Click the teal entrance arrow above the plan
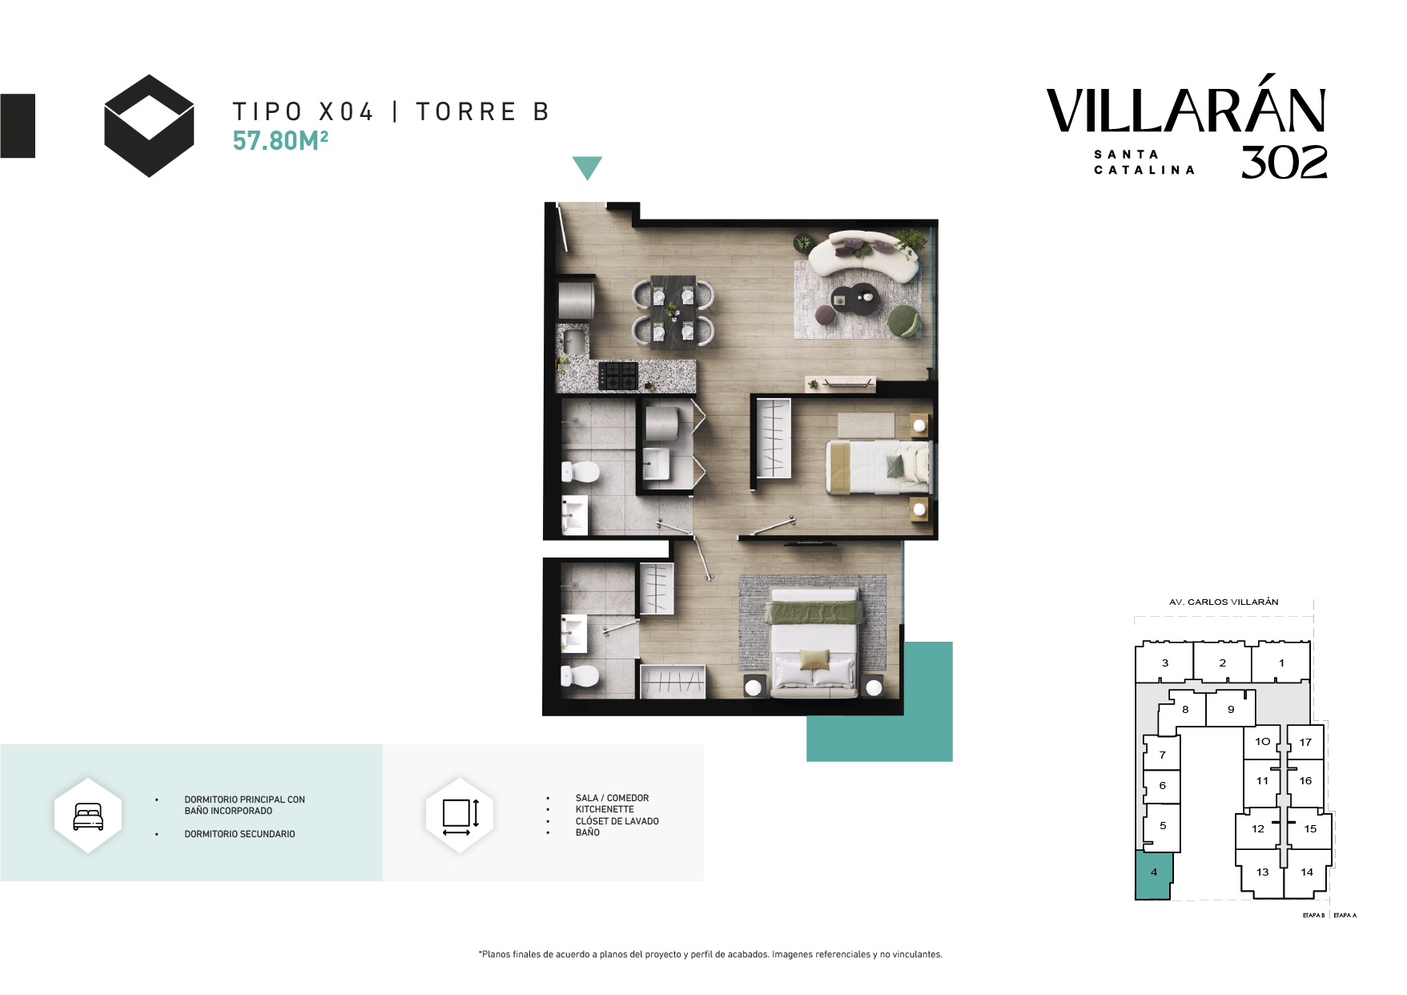coord(587,167)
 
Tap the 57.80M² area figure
coord(280,140)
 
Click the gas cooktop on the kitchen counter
coord(618,376)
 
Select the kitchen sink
coord(573,340)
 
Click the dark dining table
coord(673,312)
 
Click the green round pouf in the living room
coord(905,320)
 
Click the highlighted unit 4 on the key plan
coord(1154,875)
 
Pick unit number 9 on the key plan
coord(1231,709)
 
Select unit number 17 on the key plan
coord(1305,742)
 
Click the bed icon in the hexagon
coord(88,816)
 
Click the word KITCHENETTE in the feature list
coord(605,809)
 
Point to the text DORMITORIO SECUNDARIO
coord(239,834)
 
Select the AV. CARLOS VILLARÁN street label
coord(1224,602)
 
